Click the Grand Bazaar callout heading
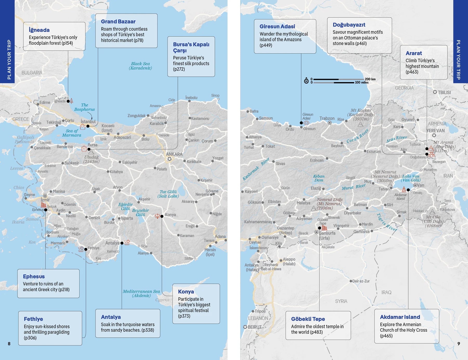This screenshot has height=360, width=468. point(118,22)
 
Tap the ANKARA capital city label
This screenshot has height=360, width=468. point(174,154)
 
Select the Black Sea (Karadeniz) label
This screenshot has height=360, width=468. point(140,66)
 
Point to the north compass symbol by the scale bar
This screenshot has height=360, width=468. point(306,81)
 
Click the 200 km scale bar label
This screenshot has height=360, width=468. point(370,79)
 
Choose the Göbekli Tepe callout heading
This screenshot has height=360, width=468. point(308,319)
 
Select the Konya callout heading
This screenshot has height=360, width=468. point(186,292)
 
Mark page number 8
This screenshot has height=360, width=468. point(9,344)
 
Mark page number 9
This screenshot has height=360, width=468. point(459,344)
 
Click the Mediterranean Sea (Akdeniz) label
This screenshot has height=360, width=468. point(141,293)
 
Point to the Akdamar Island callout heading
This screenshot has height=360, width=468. point(400,317)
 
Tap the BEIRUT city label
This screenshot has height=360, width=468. point(254,327)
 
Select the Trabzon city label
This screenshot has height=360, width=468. point(327,119)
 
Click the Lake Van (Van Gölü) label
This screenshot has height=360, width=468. point(411,178)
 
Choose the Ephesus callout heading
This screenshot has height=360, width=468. point(34,277)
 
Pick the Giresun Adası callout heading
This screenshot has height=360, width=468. point(277,27)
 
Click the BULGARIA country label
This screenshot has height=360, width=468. point(32,73)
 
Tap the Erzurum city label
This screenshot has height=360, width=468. point(373,152)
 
